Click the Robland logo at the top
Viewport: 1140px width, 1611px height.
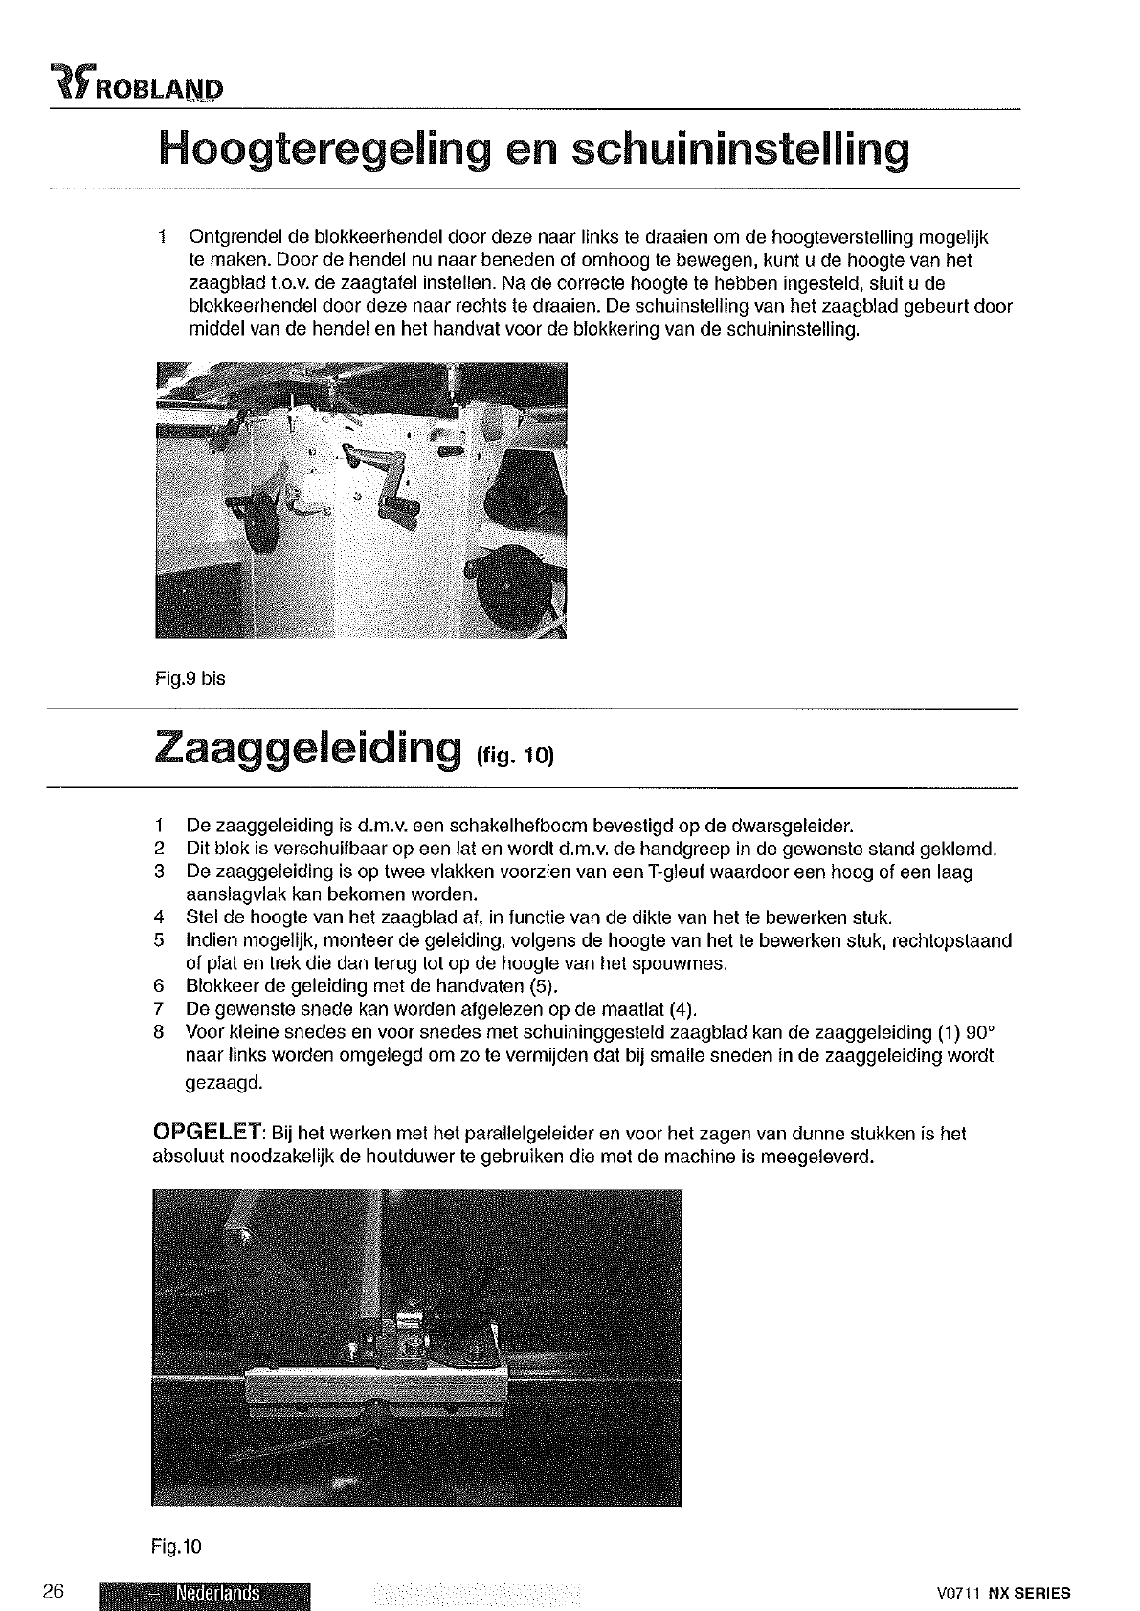[135, 87]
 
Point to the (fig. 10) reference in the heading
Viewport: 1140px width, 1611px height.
[514, 756]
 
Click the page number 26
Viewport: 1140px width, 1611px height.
[54, 1592]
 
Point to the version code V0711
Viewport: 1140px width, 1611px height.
[960, 1594]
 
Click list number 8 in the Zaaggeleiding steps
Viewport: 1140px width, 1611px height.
[160, 1033]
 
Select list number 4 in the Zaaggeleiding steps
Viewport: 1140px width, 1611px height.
[160, 918]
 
